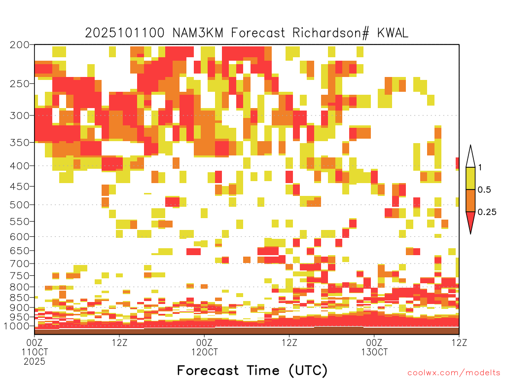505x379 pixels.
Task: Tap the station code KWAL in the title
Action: [393, 33]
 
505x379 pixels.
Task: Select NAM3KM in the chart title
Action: [198, 33]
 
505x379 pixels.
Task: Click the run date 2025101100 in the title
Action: [125, 33]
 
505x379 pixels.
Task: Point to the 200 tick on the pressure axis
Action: [20, 45]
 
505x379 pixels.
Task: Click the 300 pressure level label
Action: [20, 115]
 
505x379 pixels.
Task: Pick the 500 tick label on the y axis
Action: [20, 205]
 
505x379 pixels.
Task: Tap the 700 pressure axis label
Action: [20, 264]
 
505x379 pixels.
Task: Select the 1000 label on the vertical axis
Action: [17, 326]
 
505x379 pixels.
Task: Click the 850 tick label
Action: [20, 298]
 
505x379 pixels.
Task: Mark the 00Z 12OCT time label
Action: [205, 347]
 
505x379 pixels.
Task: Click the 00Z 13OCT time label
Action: [374, 347]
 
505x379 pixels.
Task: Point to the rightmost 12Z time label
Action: [459, 342]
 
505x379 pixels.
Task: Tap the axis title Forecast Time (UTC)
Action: [252, 371]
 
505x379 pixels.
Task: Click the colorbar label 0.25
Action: [487, 212]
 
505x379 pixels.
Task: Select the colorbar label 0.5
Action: [484, 190]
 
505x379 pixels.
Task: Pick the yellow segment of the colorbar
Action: [470, 178]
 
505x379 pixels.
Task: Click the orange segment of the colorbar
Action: [470, 200]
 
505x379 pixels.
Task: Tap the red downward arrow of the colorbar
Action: [470, 221]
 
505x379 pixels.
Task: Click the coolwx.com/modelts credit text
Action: [454, 373]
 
